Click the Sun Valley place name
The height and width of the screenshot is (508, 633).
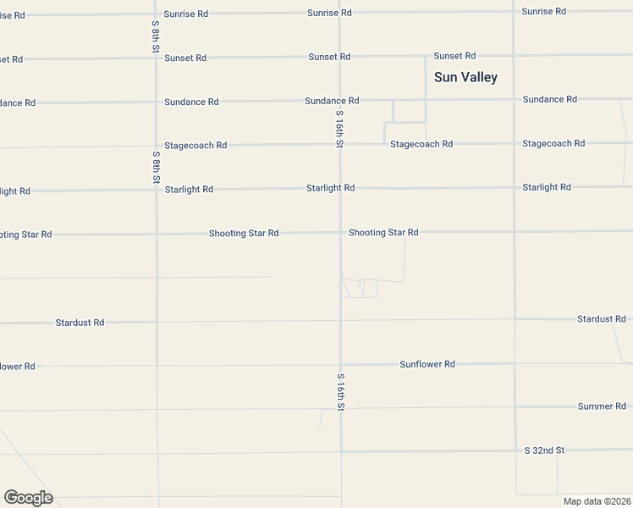(465, 77)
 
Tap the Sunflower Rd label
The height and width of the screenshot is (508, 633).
(427, 364)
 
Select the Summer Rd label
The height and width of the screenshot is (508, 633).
(602, 406)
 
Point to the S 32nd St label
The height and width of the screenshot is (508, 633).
(544, 450)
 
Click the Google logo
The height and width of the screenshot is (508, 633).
(28, 498)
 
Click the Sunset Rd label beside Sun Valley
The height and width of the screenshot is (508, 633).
(454, 56)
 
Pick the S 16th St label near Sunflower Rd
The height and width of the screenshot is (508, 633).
(341, 392)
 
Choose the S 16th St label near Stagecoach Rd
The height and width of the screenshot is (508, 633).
(339, 129)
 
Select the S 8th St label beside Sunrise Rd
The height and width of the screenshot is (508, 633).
(156, 36)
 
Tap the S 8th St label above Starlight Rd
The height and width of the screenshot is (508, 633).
(157, 167)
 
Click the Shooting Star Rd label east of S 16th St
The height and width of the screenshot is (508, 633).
(383, 232)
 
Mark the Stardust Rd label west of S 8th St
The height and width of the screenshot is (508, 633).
(80, 323)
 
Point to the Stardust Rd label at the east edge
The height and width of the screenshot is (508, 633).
(602, 319)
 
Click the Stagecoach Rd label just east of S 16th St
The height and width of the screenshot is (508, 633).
(421, 144)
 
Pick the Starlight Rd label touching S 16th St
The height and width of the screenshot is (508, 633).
(330, 188)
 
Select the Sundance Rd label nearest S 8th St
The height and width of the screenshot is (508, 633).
(191, 102)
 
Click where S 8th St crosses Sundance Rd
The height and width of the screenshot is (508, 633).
(156, 102)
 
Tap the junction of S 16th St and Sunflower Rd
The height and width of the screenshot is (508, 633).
(341, 365)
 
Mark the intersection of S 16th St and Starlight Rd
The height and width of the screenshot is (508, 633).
(340, 188)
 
